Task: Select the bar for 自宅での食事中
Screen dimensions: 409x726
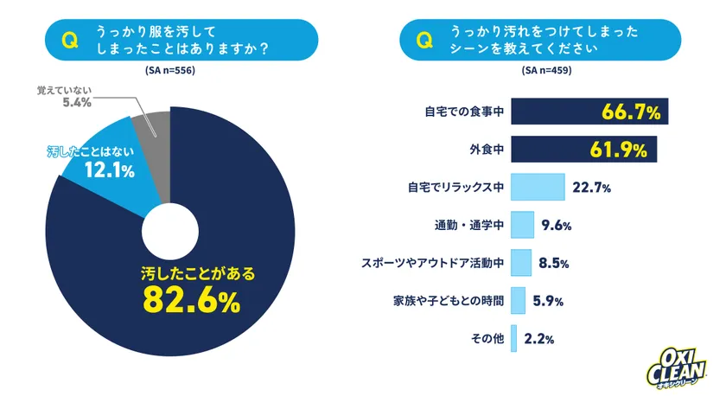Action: point(587,112)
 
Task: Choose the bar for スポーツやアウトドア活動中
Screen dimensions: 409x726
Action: point(521,262)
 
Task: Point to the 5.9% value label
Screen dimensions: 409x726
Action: point(548,301)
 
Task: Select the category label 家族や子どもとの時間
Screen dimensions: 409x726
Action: point(448,301)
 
